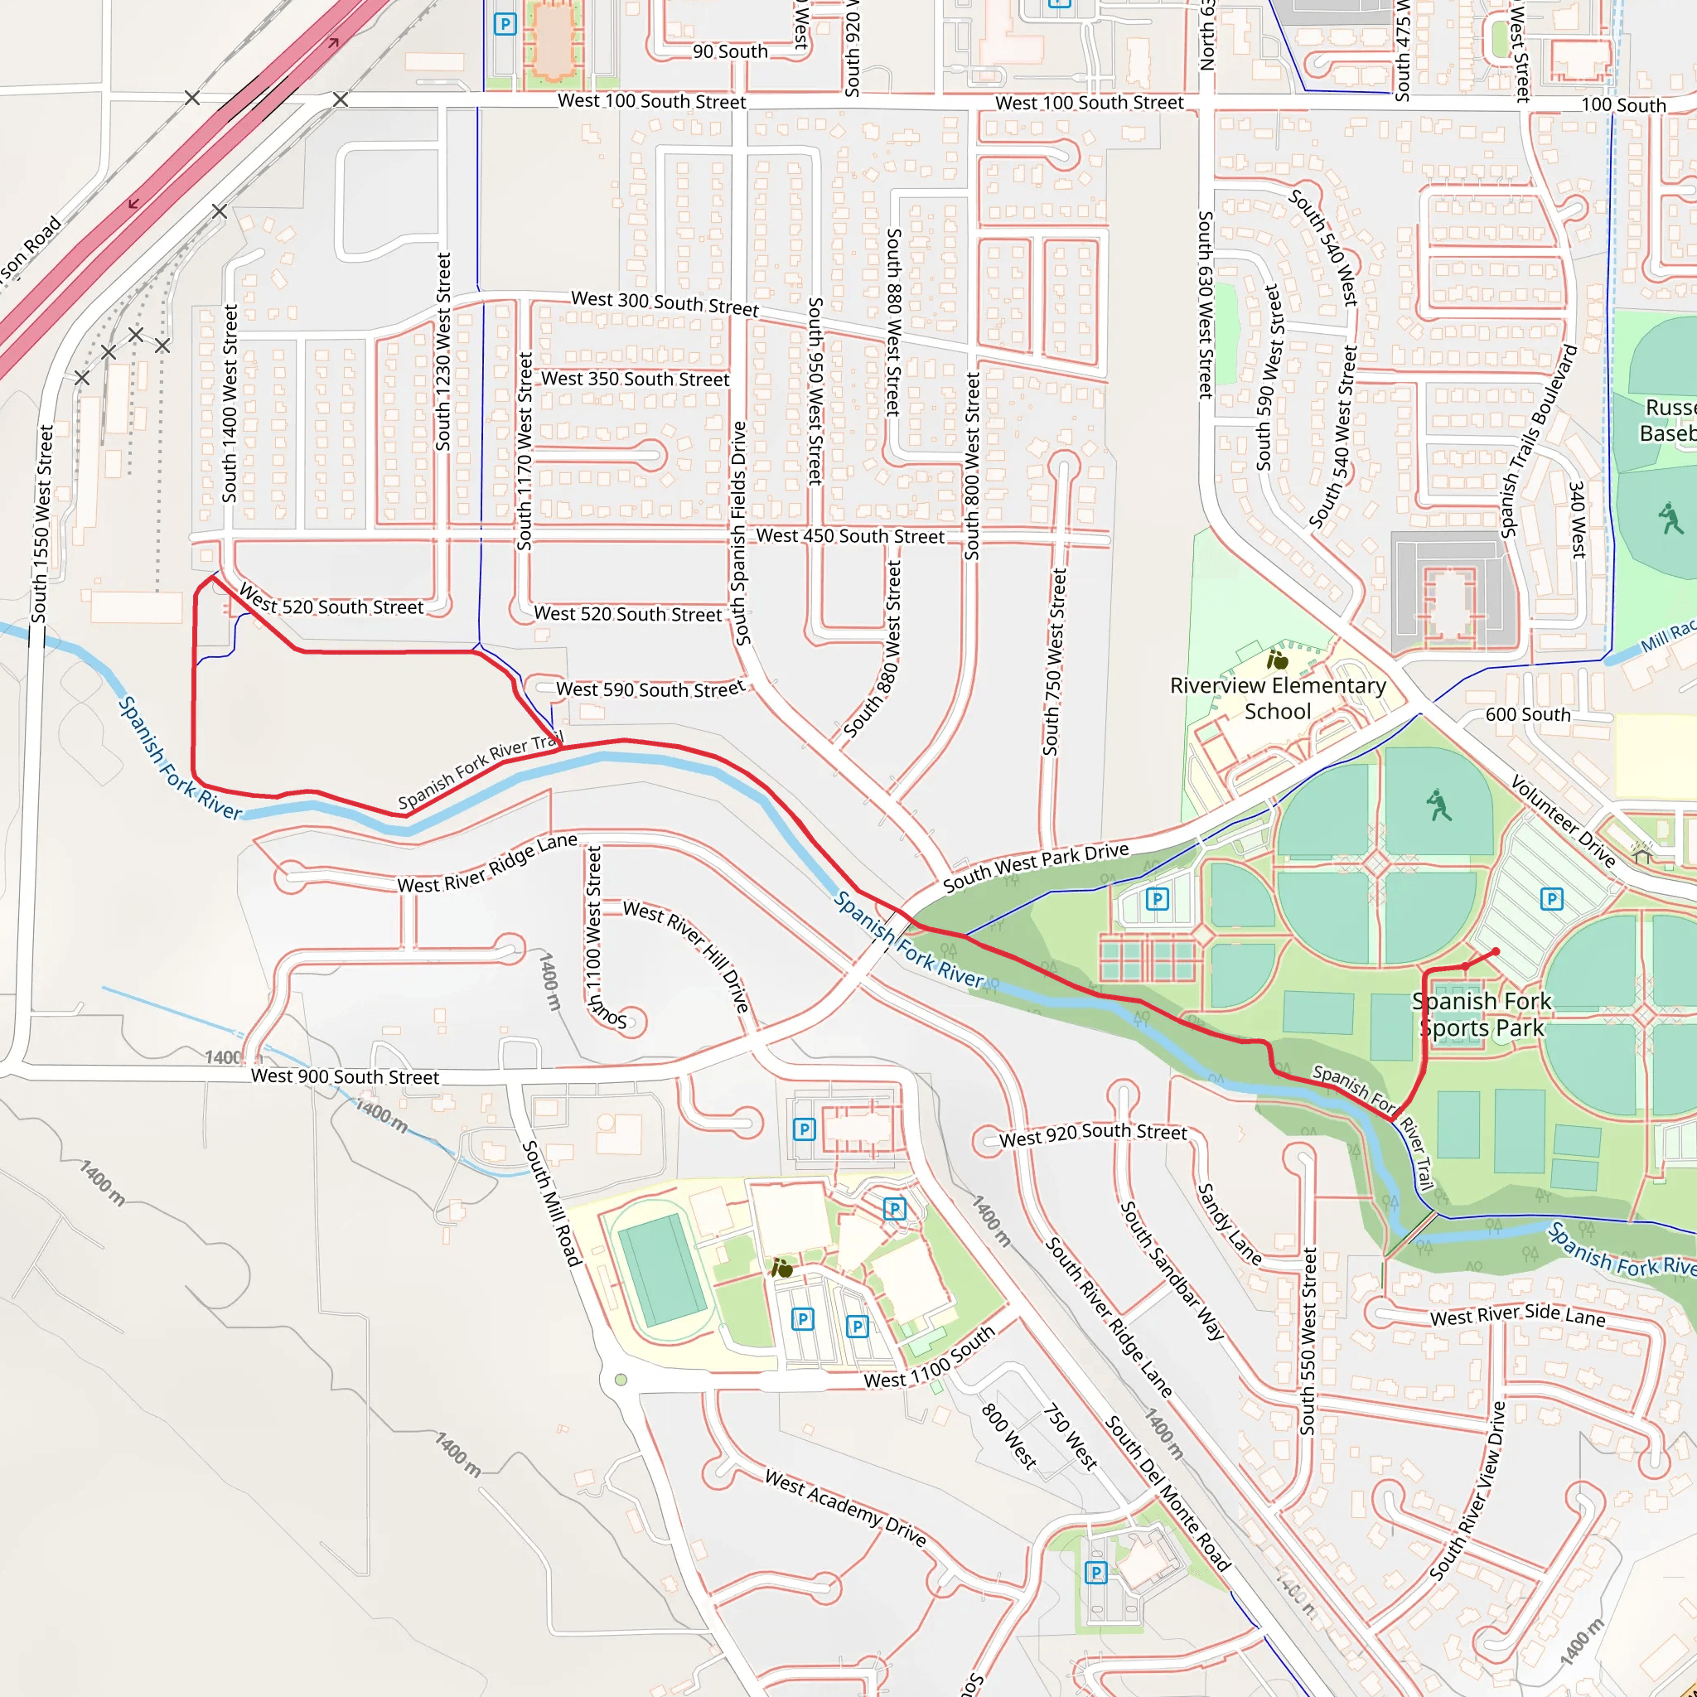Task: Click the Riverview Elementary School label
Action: (1278, 699)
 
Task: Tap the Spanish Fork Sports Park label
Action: (1482, 1014)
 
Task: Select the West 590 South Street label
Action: (650, 689)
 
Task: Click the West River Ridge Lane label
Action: (487, 863)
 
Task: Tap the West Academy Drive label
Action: (845, 1507)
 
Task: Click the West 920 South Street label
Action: (1093, 1135)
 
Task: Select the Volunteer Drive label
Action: (1563, 820)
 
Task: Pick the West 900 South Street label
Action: (345, 1077)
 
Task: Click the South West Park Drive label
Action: (1036, 866)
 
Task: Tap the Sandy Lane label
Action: (1230, 1225)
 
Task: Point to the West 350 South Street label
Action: (635, 380)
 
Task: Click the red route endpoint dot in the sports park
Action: (1496, 951)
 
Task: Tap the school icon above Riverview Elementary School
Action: (1277, 659)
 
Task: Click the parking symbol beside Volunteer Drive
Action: (1552, 898)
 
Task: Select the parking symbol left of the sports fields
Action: (1158, 898)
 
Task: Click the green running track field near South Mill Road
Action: (661, 1269)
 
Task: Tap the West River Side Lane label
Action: (1518, 1316)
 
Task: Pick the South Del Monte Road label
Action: (1168, 1493)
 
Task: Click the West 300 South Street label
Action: (665, 303)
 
